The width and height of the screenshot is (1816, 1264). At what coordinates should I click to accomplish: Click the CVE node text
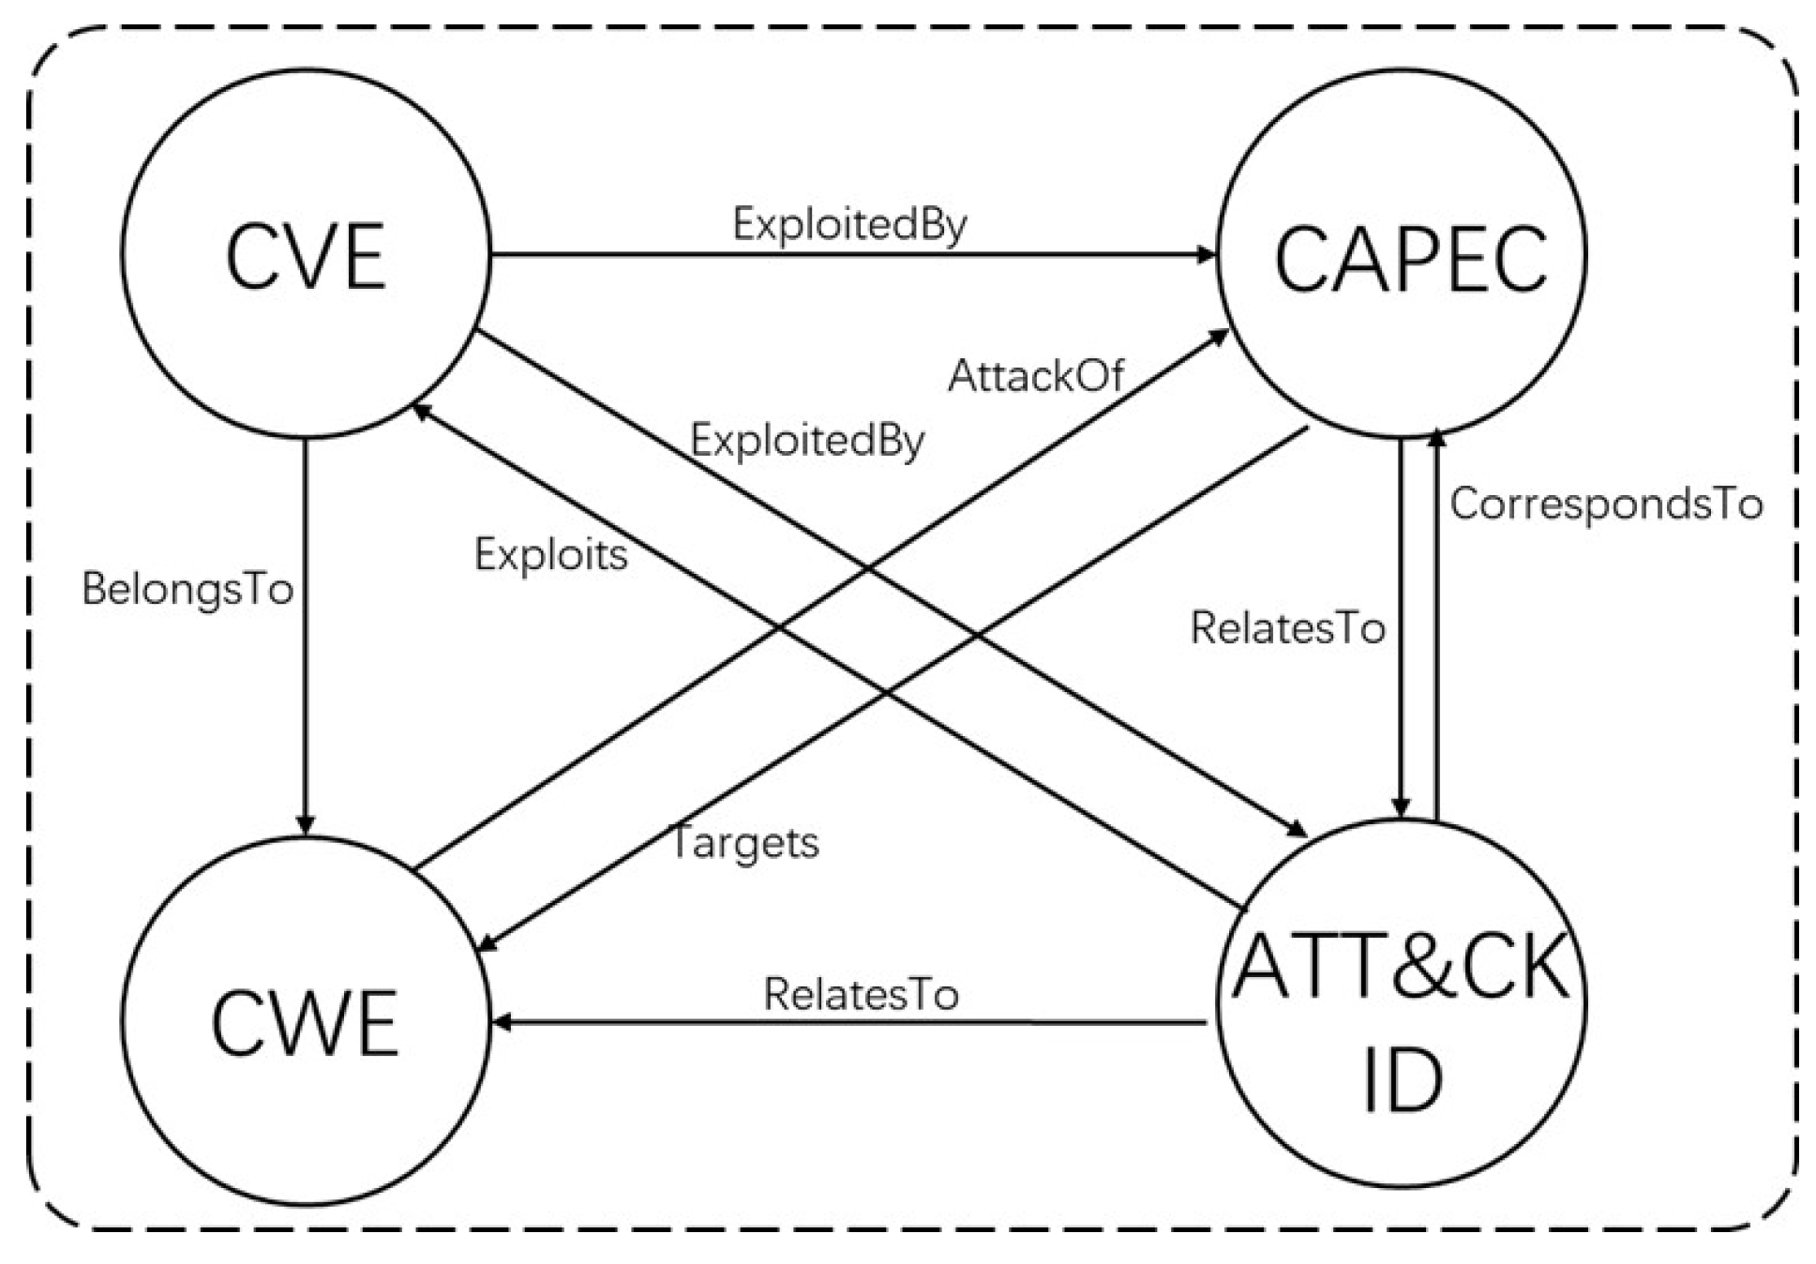pos(306,257)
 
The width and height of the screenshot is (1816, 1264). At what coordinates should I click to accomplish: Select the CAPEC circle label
pos(1410,259)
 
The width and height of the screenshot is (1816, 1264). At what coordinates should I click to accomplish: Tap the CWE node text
pos(306,1024)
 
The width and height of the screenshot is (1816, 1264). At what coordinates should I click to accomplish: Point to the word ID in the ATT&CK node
pos(1402,1080)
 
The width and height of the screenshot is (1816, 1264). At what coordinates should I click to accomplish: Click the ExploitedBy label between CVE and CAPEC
pos(848,225)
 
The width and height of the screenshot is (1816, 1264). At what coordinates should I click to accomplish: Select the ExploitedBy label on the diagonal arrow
pos(807,441)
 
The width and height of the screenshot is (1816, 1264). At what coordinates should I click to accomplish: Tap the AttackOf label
pos(1035,377)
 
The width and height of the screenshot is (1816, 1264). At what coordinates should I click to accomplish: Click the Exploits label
pos(550,555)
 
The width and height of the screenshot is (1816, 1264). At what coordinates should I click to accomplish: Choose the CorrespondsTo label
pos(1606,504)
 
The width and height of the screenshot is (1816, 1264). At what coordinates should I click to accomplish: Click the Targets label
pos(744,842)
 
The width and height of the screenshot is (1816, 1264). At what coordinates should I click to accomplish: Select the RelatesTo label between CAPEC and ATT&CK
pos(1287,628)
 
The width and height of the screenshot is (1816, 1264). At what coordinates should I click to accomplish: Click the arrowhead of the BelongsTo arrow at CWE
pos(305,824)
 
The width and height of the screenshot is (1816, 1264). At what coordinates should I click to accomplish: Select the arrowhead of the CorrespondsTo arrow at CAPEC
pos(1435,438)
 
